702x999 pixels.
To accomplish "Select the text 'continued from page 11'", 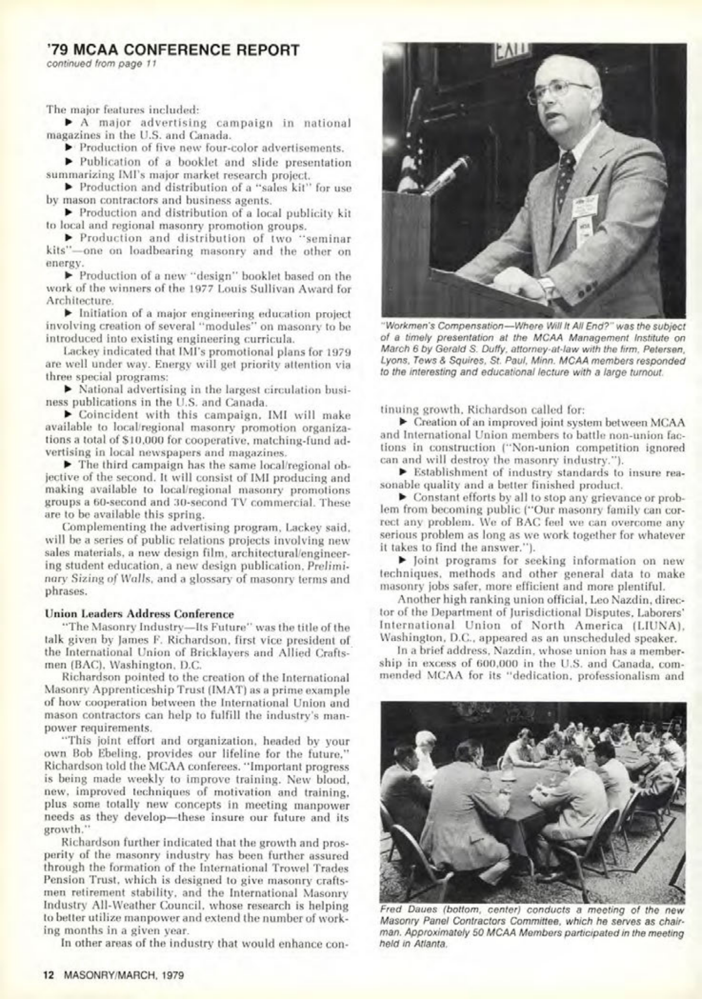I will [x=101, y=64].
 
